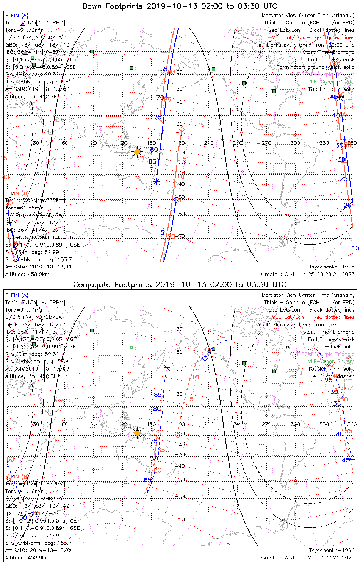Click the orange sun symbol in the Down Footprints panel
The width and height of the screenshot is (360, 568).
pos(137,152)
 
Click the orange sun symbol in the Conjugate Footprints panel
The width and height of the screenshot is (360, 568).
pos(137,433)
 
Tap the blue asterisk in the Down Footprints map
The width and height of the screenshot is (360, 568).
pos(156,182)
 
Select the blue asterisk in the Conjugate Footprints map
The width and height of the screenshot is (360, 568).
pos(167,368)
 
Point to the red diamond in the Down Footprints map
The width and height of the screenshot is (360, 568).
pos(182,130)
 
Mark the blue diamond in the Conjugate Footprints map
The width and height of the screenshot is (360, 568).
pos(205,358)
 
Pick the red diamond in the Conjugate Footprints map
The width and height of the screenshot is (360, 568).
pos(177,435)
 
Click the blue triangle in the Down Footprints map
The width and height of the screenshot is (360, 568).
pos(340,99)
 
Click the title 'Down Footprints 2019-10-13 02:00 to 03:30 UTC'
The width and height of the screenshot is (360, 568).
pos(180,6)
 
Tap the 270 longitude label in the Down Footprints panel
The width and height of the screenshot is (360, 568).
pos(266,143)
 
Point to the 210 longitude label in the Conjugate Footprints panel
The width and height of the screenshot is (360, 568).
pos(209,424)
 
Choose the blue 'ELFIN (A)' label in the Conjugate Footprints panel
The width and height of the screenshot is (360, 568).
pos(17,295)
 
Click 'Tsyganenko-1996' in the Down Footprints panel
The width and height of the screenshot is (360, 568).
pos(332,267)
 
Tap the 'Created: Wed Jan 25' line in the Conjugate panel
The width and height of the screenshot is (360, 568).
pos(308,557)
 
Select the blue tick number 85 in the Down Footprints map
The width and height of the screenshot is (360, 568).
pos(152,162)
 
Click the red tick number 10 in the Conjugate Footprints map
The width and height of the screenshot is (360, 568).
pos(195,377)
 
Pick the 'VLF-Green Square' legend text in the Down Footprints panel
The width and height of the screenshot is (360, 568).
pos(331,82)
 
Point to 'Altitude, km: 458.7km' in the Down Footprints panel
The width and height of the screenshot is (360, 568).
pos(33,97)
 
